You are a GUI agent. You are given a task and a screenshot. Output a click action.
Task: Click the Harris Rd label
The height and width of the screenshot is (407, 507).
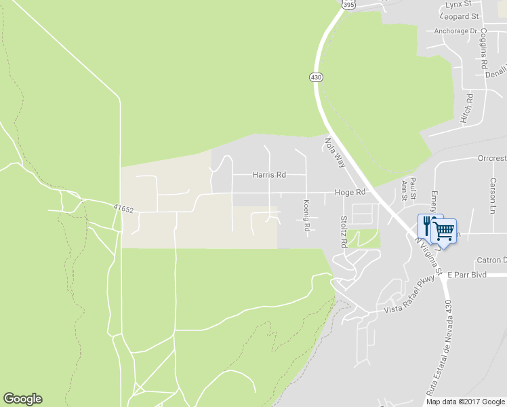pos(269,175)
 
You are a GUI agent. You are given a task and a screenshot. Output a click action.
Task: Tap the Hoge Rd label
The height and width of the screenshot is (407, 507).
pos(350,193)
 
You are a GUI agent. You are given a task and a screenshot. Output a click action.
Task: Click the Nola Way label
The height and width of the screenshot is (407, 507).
pos(336,153)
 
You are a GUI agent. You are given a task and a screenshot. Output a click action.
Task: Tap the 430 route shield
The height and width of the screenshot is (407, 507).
pos(317,77)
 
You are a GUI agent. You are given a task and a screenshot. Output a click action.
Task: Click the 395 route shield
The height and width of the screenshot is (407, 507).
pos(348,5)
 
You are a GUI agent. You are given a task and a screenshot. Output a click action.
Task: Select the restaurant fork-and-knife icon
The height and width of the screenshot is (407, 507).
pos(426,225)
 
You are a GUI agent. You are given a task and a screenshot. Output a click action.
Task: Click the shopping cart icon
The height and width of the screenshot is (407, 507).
pos(444,231)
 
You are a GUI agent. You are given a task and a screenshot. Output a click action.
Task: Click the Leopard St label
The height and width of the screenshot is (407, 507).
pos(459,16)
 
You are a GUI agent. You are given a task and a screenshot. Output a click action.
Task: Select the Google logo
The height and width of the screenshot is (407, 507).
pos(22,399)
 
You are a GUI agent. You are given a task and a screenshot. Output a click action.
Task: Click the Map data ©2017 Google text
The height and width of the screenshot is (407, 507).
pos(465,402)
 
